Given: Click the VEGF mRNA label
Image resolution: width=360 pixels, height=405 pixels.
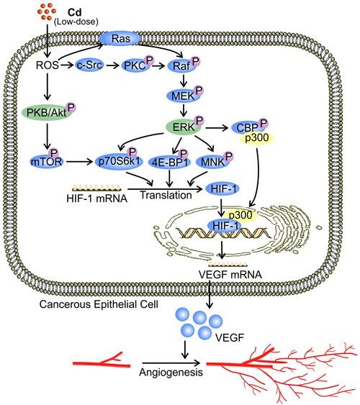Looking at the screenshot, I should pyautogui.click(x=214, y=274).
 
